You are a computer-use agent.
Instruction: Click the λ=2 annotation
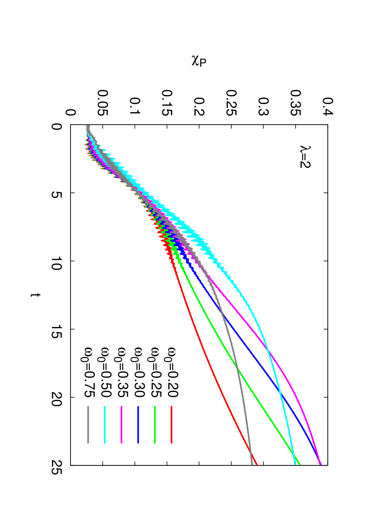305,157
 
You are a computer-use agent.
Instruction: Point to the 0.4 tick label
328,106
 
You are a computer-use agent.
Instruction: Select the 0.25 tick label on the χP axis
231,103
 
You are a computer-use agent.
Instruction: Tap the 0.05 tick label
103,103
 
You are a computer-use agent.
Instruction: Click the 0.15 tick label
167,103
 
